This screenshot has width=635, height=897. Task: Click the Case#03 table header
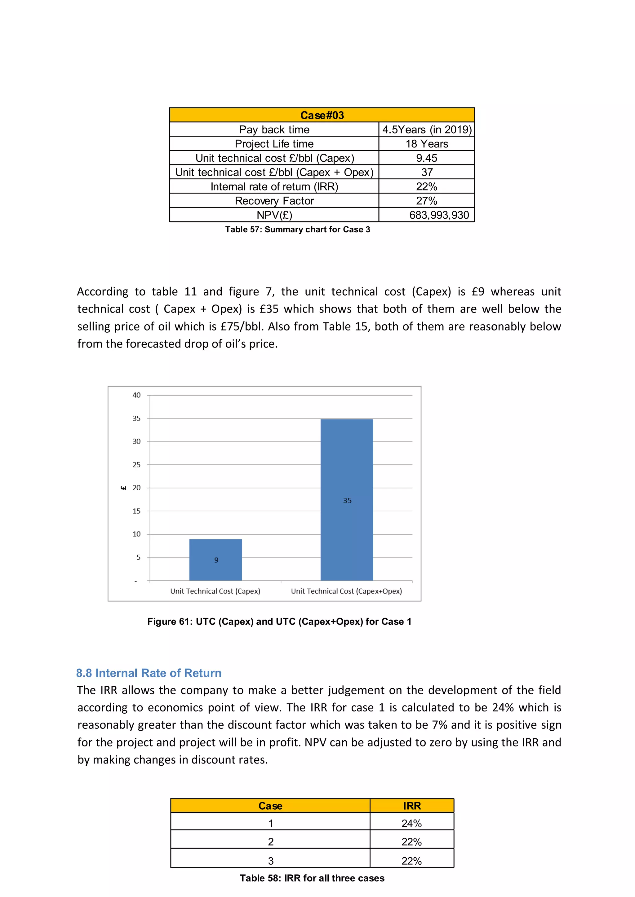322,115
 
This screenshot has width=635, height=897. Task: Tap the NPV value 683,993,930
439,215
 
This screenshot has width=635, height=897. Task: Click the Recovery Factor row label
274,201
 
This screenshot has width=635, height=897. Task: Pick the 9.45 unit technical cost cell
427,158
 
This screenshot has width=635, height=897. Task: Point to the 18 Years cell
427,144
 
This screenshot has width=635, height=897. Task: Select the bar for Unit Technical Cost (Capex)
215,559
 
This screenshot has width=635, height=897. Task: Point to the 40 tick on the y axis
136,395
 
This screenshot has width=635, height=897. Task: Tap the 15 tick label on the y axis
136,511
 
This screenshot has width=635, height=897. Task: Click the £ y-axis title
124,488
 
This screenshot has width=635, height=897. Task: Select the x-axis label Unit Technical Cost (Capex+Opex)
346,591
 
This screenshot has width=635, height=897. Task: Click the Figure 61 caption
279,622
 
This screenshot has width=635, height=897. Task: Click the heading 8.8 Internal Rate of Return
149,673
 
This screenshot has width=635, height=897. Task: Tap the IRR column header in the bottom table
412,806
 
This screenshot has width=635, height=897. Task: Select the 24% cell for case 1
411,824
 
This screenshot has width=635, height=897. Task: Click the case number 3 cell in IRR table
271,861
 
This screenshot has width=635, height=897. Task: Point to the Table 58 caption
312,878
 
